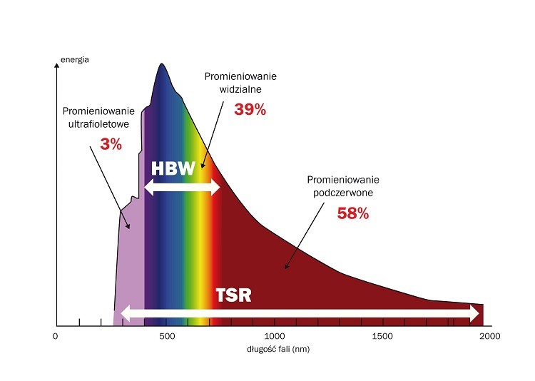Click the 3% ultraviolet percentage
[111, 144]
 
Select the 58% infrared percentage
[352, 213]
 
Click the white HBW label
[174, 168]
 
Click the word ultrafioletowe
[98, 125]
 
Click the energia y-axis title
[75, 60]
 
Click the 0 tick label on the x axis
[56, 336]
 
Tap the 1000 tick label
[275, 336]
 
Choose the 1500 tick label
[382, 336]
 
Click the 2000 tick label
[491, 336]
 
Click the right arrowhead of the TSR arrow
[474, 313]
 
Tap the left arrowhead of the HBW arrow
[148, 188]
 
